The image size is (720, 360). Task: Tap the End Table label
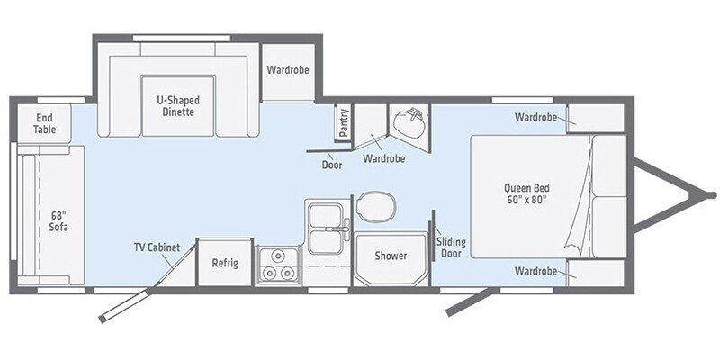45,123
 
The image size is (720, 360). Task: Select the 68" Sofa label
60,220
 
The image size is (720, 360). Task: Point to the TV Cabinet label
157,247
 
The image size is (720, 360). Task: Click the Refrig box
224,263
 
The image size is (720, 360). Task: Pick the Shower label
391,256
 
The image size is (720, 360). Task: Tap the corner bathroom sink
412,121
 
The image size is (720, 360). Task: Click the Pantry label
344,123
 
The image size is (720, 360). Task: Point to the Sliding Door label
450,247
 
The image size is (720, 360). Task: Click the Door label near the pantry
331,165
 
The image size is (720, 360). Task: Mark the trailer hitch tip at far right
711,194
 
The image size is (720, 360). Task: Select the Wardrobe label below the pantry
383,158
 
